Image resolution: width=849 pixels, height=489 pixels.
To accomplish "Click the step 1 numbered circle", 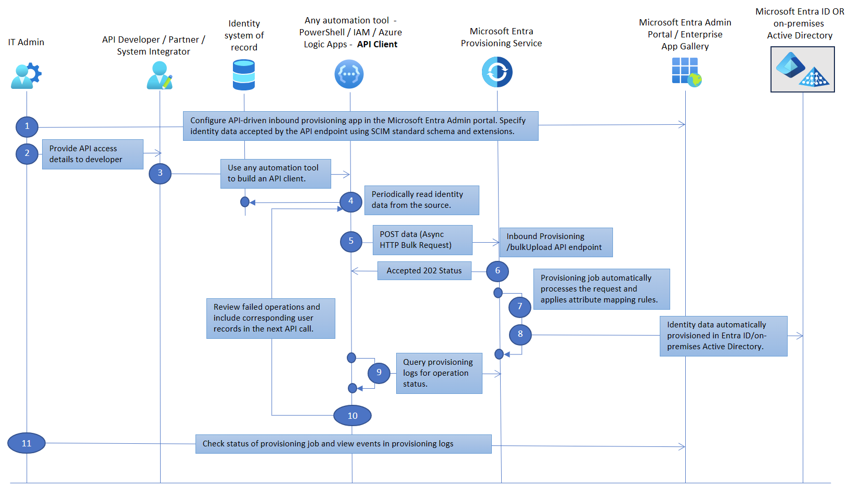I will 27,126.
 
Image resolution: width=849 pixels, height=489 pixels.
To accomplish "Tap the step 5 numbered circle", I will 351,241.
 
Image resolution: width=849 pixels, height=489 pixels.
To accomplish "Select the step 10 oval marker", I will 352,416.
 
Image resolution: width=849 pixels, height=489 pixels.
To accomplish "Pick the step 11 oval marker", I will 27,443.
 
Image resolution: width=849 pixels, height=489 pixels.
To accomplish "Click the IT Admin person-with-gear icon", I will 25,75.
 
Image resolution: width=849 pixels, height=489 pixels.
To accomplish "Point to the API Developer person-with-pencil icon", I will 159,75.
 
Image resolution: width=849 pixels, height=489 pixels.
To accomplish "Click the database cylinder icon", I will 244,75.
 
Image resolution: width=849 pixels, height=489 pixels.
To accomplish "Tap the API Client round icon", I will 349,74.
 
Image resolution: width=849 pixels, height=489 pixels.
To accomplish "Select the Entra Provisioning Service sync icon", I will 497,72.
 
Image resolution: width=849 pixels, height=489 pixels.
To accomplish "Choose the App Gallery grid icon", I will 686,71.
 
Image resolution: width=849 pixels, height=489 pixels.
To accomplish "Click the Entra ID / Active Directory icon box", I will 802,69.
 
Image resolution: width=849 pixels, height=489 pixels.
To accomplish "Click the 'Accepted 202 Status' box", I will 424,271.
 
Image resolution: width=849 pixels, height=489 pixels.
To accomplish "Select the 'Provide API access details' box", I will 93,154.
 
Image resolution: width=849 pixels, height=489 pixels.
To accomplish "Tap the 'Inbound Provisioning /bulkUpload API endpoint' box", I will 556,242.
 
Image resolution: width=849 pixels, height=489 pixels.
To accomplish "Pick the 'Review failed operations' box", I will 270,318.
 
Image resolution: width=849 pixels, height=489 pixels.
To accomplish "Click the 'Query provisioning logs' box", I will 439,373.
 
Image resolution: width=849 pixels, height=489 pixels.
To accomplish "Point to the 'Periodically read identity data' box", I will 421,200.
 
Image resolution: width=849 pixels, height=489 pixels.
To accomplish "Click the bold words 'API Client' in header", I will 377,44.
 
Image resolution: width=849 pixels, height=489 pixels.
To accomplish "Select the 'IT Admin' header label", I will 26,42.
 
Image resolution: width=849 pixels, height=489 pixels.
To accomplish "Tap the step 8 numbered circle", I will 520,334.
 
